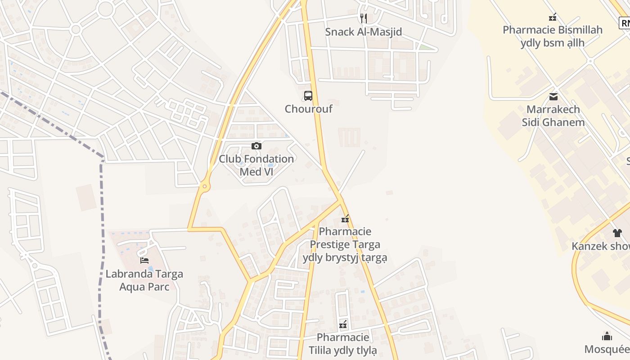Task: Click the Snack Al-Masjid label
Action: (363, 32)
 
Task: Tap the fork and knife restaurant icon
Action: (364, 18)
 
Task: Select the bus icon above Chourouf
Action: (308, 95)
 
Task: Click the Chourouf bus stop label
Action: (308, 109)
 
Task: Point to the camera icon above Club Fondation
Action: (256, 146)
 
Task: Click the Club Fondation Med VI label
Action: (256, 165)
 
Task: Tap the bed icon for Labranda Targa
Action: (144, 260)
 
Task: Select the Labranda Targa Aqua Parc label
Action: (144, 280)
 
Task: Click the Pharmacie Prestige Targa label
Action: (345, 244)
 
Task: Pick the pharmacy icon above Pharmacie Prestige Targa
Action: (345, 219)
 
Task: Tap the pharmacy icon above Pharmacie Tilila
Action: (343, 324)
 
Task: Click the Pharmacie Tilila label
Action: (343, 344)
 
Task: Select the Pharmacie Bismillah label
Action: (553, 36)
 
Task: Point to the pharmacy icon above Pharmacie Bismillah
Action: (553, 17)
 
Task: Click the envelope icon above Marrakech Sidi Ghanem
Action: (553, 96)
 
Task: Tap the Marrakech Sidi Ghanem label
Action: (553, 116)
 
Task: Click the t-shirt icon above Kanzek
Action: (617, 233)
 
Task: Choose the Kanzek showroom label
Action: (601, 246)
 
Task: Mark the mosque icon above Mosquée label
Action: (607, 336)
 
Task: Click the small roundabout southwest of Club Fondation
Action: (205, 186)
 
